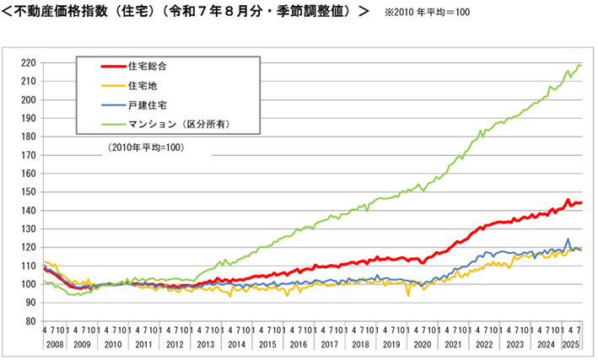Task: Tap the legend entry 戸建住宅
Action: (x=148, y=105)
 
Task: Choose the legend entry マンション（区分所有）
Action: (x=178, y=124)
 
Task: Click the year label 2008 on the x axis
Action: (x=51, y=345)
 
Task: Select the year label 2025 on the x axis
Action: (x=570, y=345)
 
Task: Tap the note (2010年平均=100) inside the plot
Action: (x=145, y=148)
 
